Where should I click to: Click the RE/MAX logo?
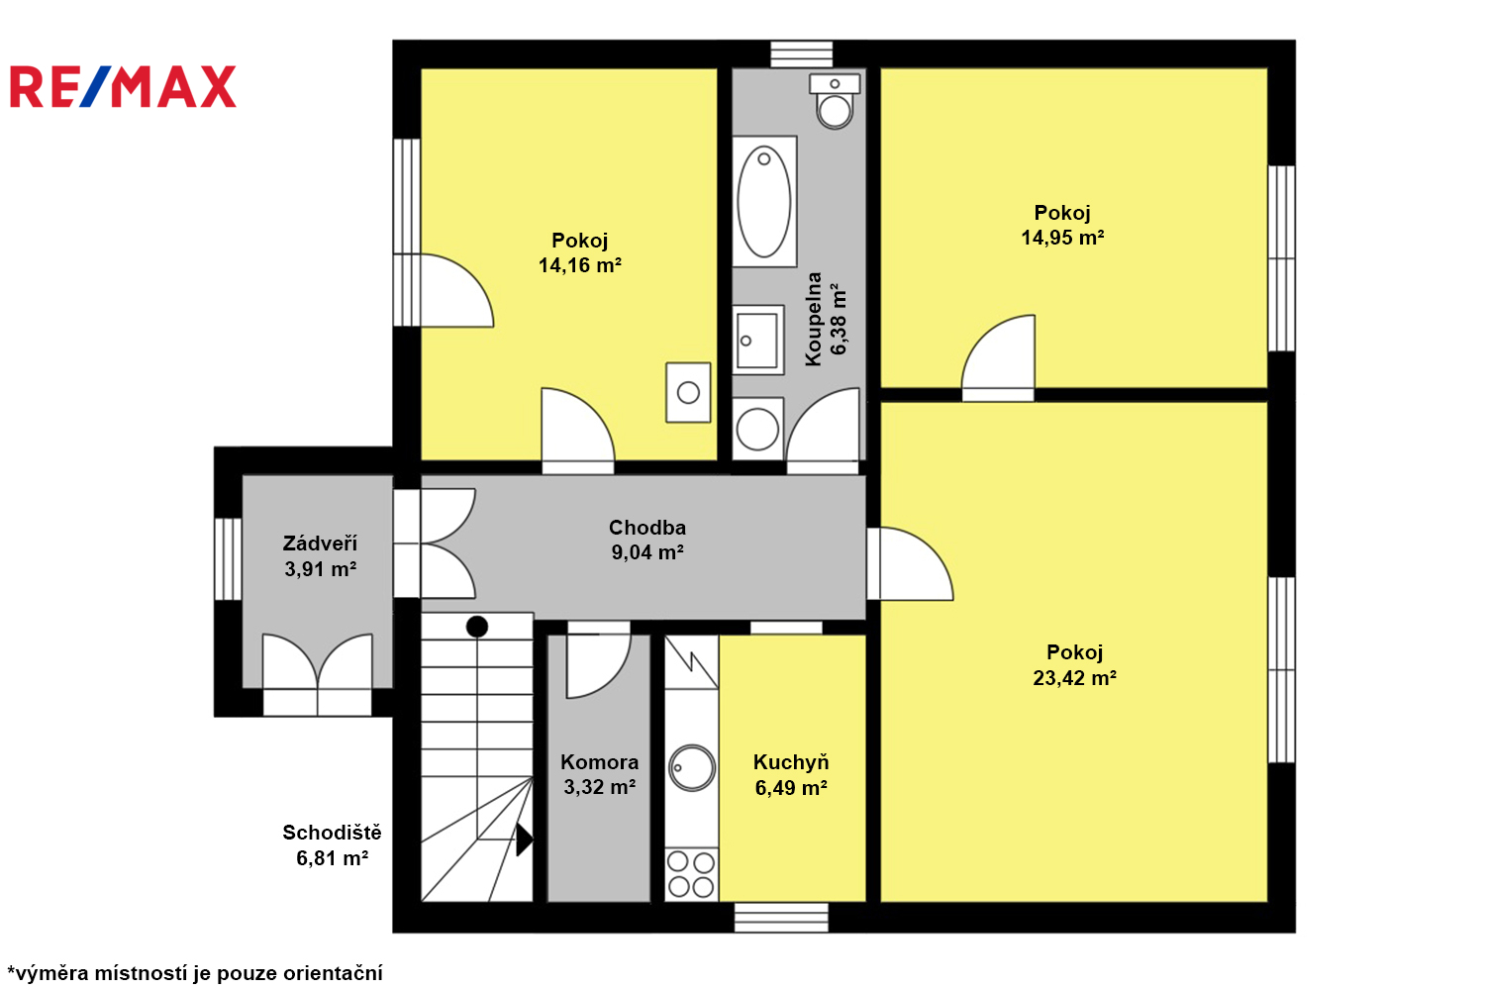pos(123,86)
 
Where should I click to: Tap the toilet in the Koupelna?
pos(835,101)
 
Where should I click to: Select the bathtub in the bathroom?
pos(764,202)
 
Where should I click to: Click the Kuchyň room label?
pos(791,762)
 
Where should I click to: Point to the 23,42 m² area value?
pos(1074,678)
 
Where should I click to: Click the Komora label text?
pos(599,762)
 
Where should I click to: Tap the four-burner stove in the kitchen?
pos(691,874)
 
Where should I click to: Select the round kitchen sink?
pos(691,768)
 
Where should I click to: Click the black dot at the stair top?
pos(476,626)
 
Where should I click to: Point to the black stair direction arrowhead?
pos(524,840)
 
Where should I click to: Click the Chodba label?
pos(647,527)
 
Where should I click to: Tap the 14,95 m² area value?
pos(1062,238)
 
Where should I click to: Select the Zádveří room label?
pos(320,544)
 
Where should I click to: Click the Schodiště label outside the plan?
pos(332,833)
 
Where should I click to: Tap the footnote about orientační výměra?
pos(195,973)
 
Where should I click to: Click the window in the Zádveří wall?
pos(228,559)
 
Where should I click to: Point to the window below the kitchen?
pos(781,918)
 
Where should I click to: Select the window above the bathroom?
pos(802,54)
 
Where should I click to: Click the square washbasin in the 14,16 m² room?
pos(688,393)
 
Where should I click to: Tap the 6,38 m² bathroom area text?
pos(839,320)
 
